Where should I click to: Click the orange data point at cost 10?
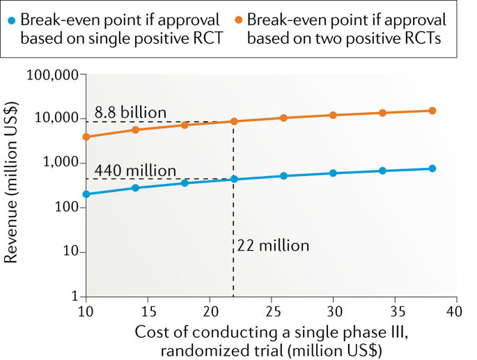[86, 136]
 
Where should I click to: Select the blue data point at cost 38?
[432, 169]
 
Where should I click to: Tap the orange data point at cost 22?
[234, 121]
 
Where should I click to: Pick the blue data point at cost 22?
[234, 179]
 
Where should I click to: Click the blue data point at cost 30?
[333, 173]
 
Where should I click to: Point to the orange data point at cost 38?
[432, 111]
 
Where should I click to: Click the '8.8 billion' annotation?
[131, 112]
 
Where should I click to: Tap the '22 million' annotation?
[273, 245]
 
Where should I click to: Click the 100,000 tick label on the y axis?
[53, 75]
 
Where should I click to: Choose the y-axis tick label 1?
[72, 297]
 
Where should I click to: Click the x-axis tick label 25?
[272, 310]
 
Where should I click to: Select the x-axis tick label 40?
[457, 310]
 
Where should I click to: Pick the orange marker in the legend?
[237, 18]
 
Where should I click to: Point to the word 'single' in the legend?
[125, 38]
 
